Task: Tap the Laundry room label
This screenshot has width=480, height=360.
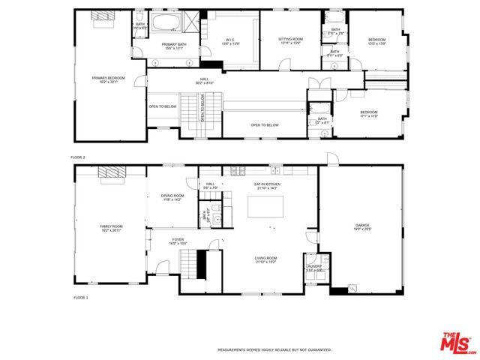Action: click(313, 268)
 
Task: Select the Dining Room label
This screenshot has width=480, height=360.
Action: click(172, 197)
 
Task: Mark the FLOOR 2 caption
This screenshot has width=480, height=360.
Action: click(79, 157)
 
